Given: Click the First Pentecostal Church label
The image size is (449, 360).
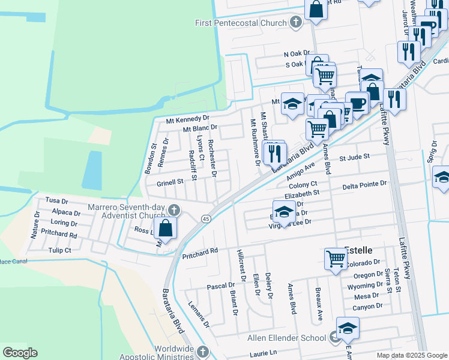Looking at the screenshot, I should point(241,23).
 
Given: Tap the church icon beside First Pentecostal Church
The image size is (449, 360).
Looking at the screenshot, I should point(295,23).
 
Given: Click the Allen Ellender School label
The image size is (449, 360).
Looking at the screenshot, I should point(287,338).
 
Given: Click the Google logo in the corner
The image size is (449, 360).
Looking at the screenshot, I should point(20,353).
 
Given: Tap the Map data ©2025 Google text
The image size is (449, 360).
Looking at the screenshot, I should point(411,355).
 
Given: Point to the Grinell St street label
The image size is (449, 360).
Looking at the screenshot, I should point(170,182).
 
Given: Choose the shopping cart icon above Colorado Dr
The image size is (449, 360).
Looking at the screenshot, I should point(336,259).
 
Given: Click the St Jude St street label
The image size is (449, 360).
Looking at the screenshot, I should point(352,158).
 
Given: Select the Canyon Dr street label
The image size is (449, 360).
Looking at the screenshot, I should point(367,306).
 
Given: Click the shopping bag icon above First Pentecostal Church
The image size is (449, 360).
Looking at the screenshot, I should point(316,9).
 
